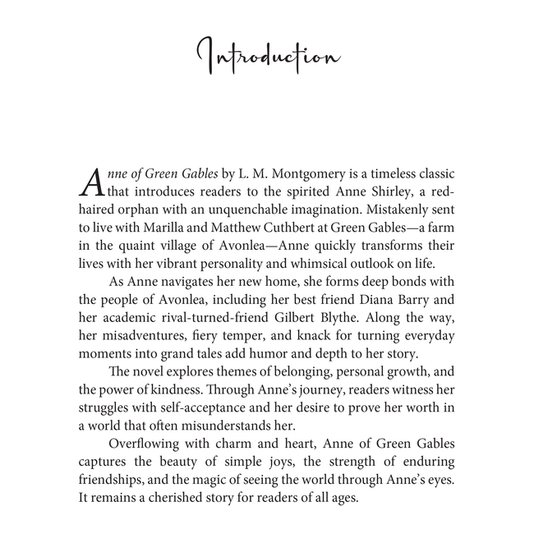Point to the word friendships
116,480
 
